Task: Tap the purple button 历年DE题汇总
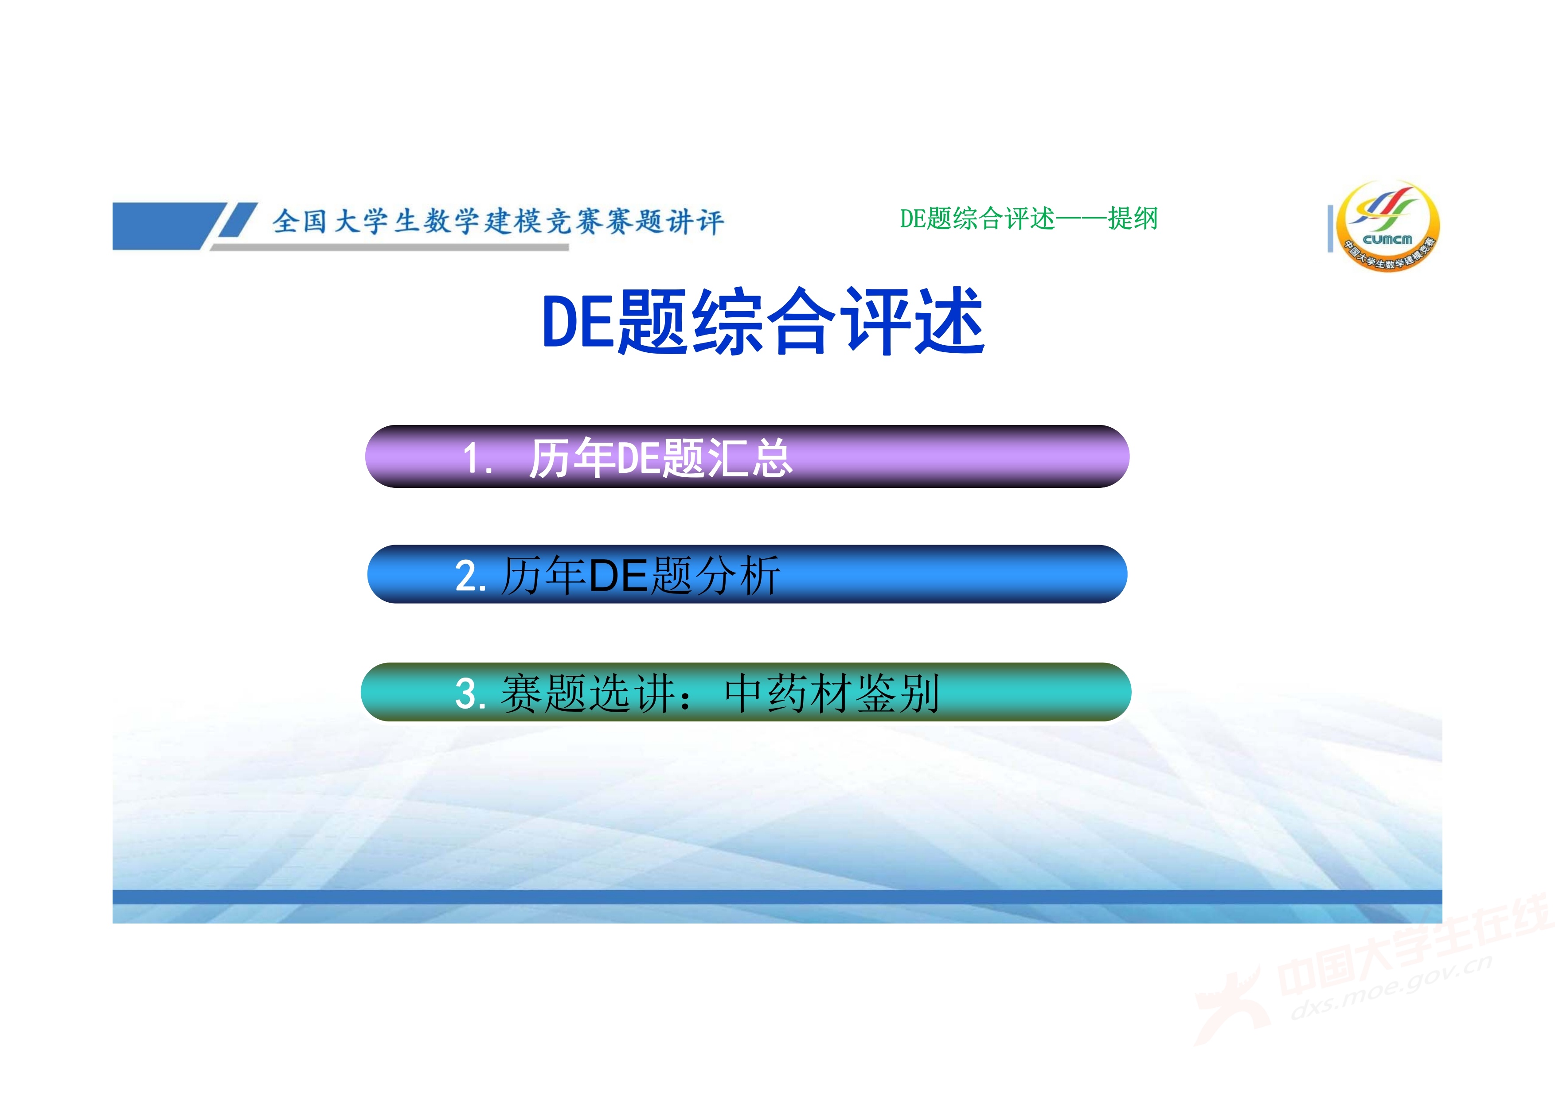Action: (x=747, y=456)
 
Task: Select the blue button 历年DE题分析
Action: (x=747, y=574)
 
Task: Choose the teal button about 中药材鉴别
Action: (x=746, y=692)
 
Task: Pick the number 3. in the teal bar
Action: (x=471, y=694)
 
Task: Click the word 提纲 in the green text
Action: (x=1133, y=219)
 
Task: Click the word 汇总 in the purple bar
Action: (x=750, y=458)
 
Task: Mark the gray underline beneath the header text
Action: (x=390, y=247)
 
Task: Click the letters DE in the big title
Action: (x=580, y=322)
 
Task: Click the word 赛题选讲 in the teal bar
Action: (x=588, y=694)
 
